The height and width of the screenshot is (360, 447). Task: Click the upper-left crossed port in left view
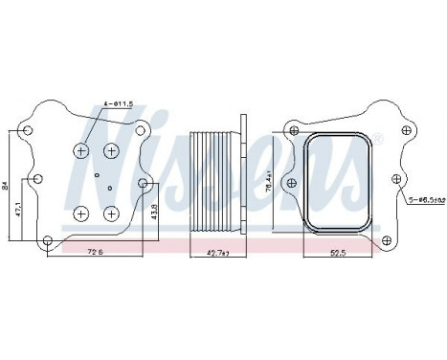(83, 150)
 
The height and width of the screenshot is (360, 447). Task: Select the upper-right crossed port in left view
(112, 150)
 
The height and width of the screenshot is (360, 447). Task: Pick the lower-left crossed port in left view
(83, 213)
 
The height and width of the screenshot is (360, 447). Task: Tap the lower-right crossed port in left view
(112, 213)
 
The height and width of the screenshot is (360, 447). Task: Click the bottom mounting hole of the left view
(44, 238)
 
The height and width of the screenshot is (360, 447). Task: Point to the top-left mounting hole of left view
(31, 131)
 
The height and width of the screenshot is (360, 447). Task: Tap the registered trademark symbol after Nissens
(379, 140)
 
